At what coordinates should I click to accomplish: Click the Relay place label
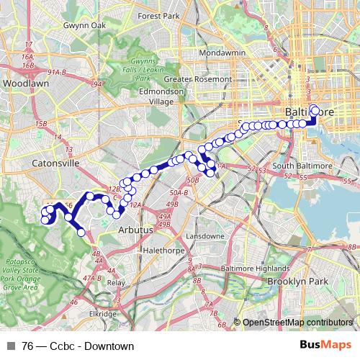(115, 283)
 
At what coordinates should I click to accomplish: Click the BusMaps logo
(325, 346)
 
